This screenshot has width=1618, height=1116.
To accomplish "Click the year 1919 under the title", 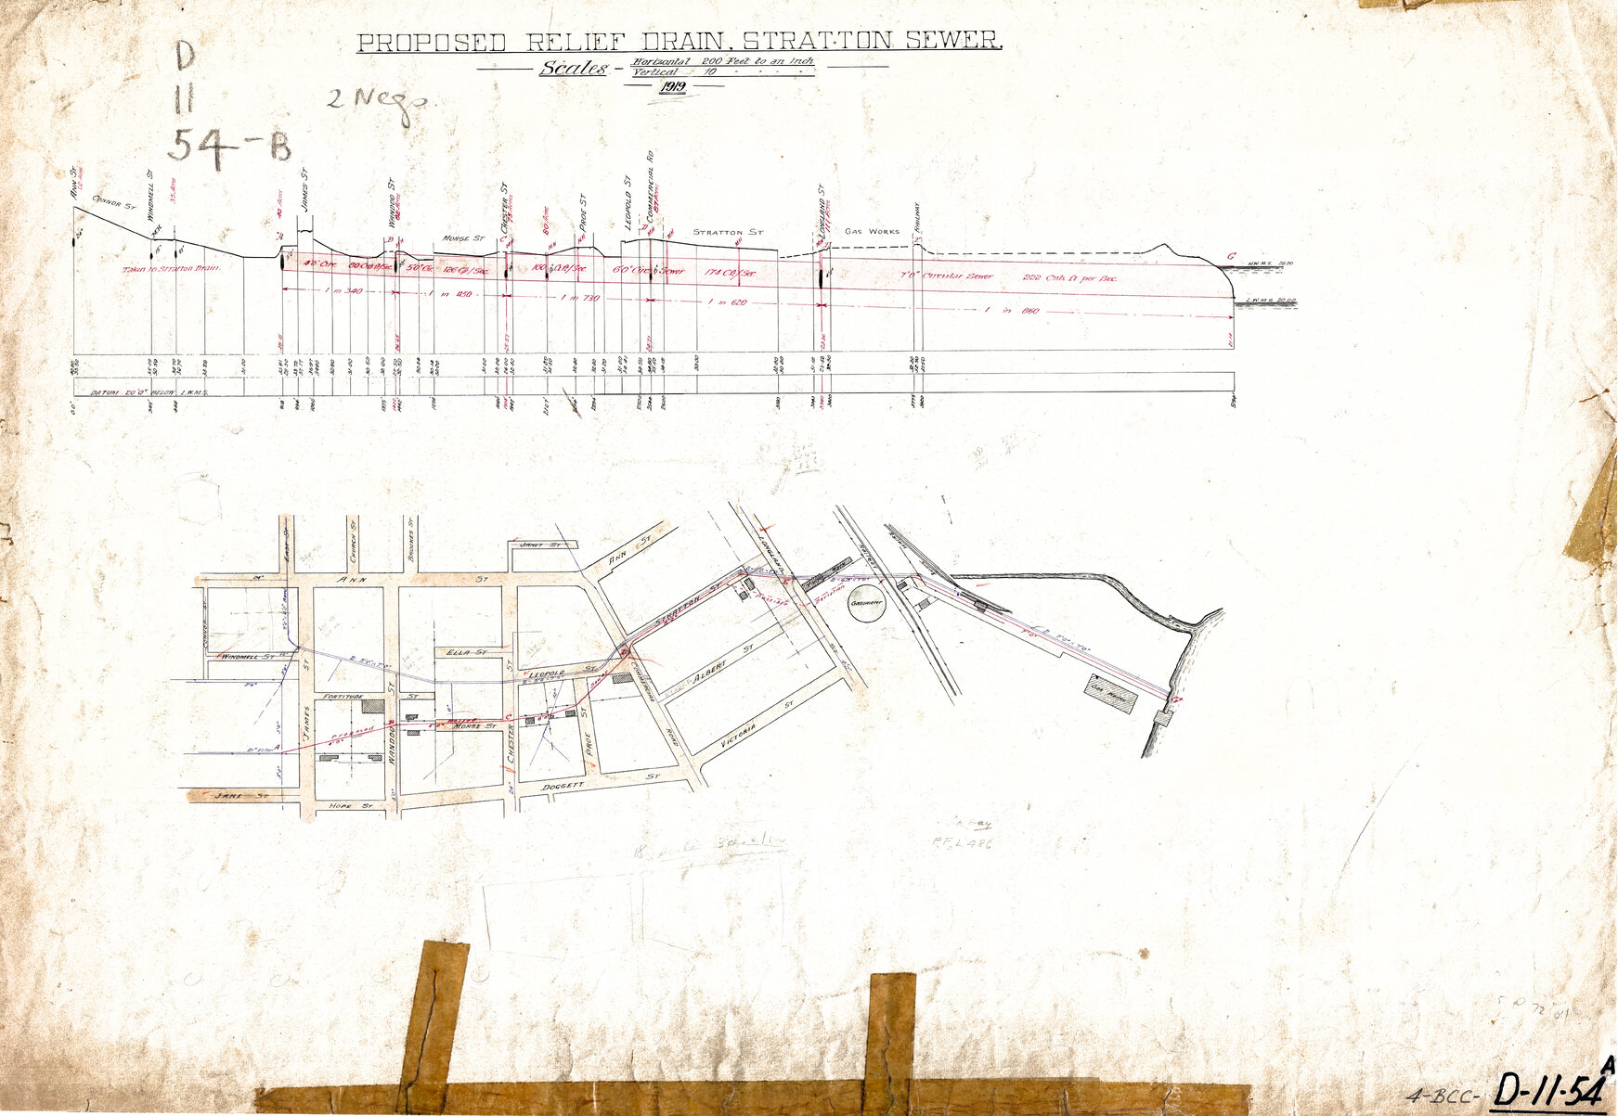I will click(x=672, y=86).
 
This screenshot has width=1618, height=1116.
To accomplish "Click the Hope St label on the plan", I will click(x=351, y=807).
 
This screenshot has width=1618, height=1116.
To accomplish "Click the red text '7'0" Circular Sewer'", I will click(x=946, y=276).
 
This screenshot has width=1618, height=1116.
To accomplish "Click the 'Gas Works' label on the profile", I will click(x=872, y=231).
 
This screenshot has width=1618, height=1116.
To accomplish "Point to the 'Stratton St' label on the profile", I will click(x=728, y=232).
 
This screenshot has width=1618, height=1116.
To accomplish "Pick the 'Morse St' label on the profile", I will click(x=463, y=237).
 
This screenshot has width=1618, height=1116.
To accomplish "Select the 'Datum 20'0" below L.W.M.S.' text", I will click(x=149, y=393).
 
